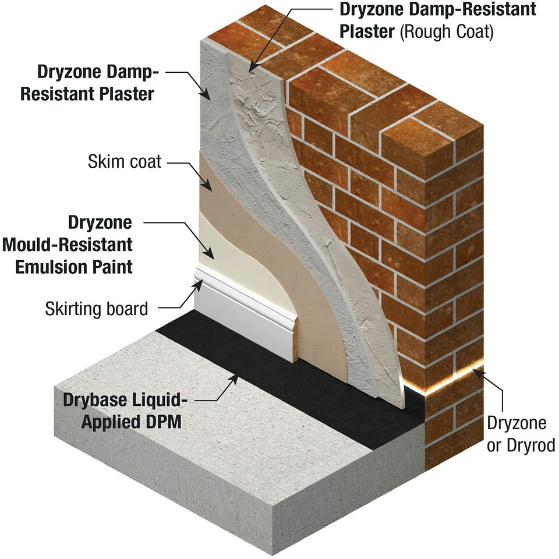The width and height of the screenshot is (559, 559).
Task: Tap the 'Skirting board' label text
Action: [97, 308]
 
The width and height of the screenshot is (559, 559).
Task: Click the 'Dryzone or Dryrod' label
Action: [521, 434]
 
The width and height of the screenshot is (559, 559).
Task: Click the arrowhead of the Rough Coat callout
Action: [252, 70]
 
